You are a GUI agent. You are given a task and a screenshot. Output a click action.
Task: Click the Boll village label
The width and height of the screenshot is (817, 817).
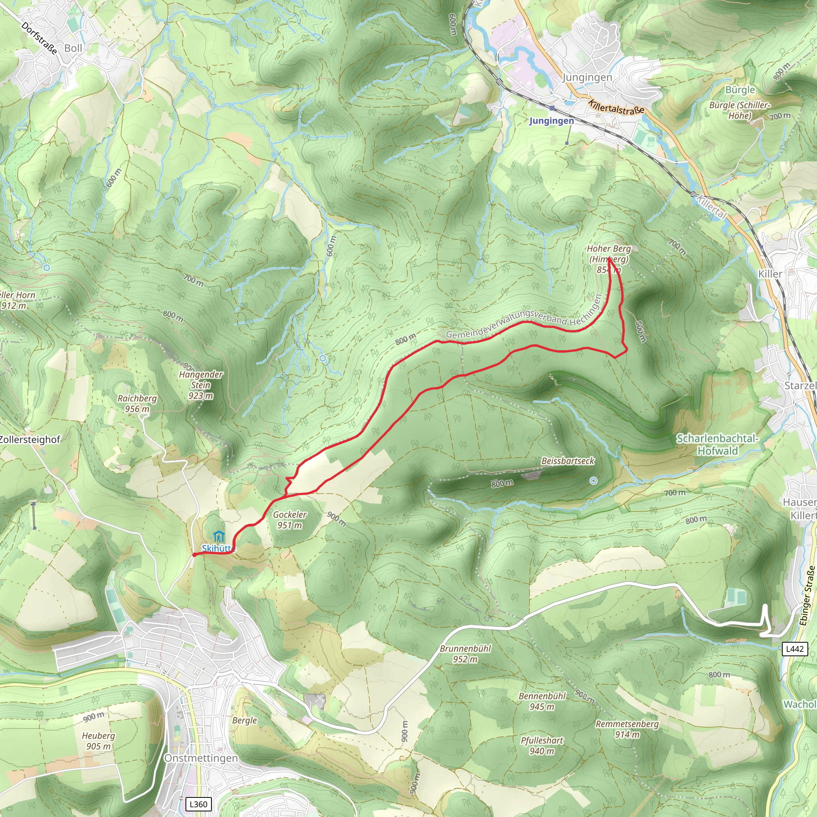[x=73, y=48]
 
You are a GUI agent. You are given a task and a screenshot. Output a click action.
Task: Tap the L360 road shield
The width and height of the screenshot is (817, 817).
[x=198, y=804]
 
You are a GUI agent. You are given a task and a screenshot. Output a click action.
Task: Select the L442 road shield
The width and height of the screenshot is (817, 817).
[x=795, y=649]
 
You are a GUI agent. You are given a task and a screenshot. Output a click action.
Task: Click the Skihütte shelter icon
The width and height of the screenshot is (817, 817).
[x=218, y=537]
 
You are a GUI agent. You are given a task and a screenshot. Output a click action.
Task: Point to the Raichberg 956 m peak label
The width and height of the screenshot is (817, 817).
[x=137, y=403]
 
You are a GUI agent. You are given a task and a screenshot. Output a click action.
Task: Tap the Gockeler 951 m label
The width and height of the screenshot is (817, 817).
[x=290, y=520]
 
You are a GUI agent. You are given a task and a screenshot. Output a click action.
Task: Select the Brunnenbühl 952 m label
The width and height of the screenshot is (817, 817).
[x=465, y=653]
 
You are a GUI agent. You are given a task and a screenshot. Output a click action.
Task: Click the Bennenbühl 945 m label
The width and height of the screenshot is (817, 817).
[x=542, y=701]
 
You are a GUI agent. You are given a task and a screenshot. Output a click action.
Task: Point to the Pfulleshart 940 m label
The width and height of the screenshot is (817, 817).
[x=542, y=746]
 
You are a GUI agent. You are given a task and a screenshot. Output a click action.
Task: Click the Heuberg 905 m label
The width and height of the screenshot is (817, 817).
[x=99, y=741]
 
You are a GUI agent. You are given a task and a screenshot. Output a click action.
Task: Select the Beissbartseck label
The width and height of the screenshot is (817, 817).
[x=568, y=461]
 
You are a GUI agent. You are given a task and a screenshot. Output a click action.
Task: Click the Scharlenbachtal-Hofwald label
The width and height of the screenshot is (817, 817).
[x=718, y=444]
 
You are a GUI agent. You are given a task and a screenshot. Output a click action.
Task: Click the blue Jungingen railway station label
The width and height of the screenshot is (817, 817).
[x=551, y=121]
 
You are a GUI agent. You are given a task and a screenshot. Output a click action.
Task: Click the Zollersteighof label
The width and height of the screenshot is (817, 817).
[x=30, y=439]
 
